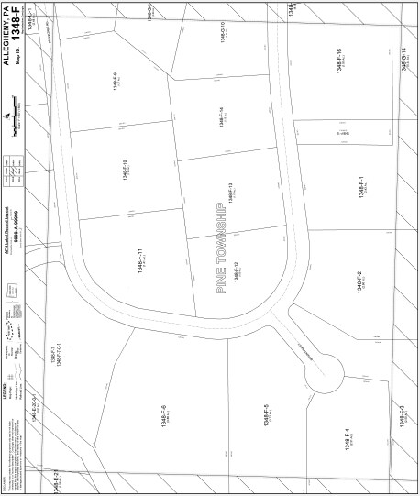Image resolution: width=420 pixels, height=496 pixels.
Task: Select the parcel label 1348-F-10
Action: [x=123, y=169]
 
